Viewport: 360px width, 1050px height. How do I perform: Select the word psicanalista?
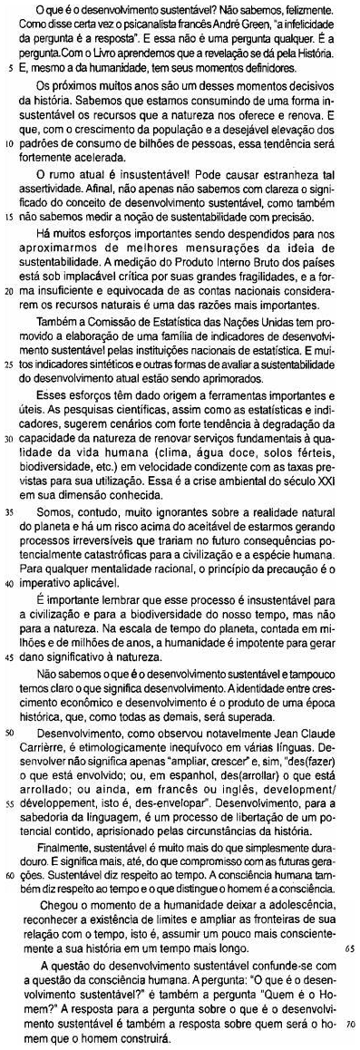[147, 21]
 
